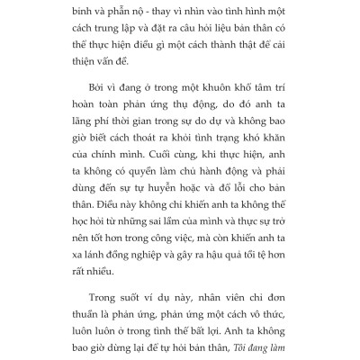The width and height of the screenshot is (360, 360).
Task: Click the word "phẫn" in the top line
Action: [124, 13]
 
